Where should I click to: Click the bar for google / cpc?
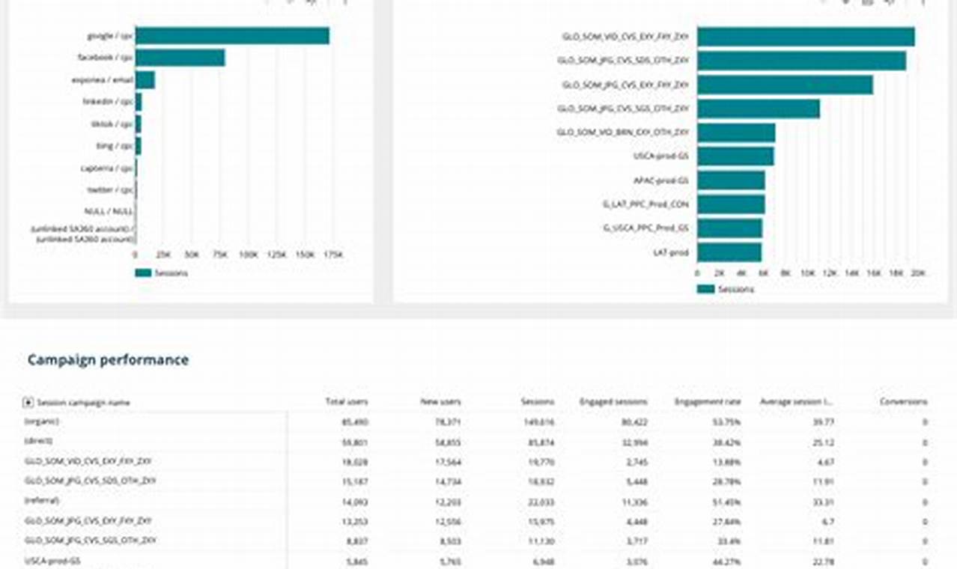232,36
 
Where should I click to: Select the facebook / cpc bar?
180,58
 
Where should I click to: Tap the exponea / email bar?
145,80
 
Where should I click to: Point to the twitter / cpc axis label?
109,190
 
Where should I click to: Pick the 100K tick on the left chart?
247,255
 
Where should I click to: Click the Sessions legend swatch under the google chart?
142,273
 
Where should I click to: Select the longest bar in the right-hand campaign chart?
805,37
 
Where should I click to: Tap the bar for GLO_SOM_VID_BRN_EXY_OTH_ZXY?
735,133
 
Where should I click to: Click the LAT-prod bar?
729,252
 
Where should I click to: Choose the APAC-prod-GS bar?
730,180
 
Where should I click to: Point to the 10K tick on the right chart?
807,274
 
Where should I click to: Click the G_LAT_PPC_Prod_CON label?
645,204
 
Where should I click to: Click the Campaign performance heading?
108,360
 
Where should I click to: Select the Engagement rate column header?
708,402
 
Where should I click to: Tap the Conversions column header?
903,402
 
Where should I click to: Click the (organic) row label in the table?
42,422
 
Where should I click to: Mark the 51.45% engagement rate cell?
726,501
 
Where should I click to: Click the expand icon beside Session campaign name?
28,403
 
